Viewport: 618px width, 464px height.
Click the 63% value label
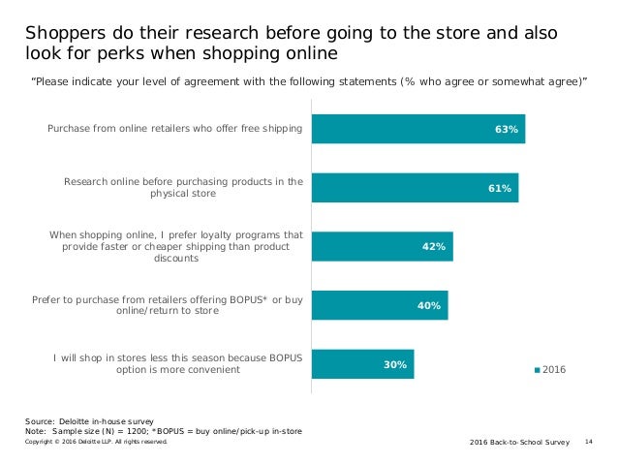(x=507, y=129)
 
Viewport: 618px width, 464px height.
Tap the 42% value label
(x=434, y=247)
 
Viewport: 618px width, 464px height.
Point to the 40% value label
(x=429, y=306)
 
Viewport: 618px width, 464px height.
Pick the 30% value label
(x=395, y=364)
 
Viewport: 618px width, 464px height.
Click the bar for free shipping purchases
(x=417, y=129)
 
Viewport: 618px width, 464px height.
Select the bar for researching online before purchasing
(x=415, y=188)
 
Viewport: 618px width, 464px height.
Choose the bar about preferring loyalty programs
(x=382, y=247)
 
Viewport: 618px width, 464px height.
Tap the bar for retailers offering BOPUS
(x=379, y=306)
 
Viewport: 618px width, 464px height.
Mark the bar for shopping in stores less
(x=362, y=364)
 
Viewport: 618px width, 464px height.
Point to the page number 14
(x=590, y=442)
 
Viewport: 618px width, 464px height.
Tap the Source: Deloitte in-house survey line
(x=89, y=423)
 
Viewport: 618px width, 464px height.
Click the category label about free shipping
(x=175, y=129)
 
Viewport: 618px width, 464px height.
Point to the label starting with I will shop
(x=178, y=364)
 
